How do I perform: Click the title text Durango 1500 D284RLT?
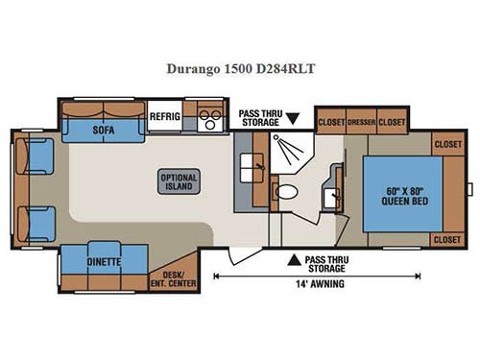click(x=240, y=69)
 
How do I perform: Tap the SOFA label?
click(x=105, y=129)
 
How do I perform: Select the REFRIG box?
click(x=160, y=117)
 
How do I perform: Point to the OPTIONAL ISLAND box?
click(x=180, y=181)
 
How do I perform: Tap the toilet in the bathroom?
click(x=285, y=192)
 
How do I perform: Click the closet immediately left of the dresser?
click(x=331, y=122)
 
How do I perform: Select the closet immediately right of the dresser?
click(x=392, y=122)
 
